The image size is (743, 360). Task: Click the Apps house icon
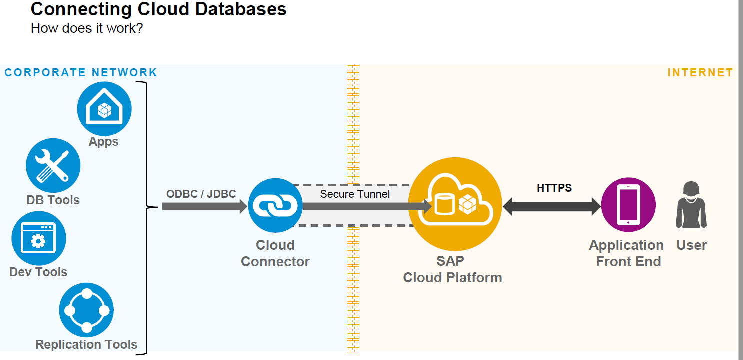pos(104,109)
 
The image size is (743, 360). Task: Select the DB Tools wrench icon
pos(53,166)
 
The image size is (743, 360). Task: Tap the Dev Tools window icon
pos(39,238)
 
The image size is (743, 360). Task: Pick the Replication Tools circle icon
pos(86,310)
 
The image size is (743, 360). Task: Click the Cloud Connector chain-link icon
pos(275,205)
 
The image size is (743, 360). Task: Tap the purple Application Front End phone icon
pos(628,205)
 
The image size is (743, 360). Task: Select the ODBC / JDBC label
pos(201,194)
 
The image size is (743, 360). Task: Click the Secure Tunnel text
pos(355,194)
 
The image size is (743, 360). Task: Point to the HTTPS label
pos(554,188)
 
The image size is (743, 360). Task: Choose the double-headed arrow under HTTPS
pos(552,206)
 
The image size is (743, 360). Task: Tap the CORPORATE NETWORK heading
pos(81,73)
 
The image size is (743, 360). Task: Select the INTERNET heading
pos(700,73)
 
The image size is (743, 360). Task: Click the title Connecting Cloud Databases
pos(158,9)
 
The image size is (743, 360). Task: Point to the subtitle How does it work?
pos(87,28)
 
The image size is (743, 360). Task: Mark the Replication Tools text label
pos(86,344)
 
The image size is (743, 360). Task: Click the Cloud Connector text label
pos(275,253)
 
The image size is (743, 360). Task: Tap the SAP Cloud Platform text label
pos(452,269)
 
